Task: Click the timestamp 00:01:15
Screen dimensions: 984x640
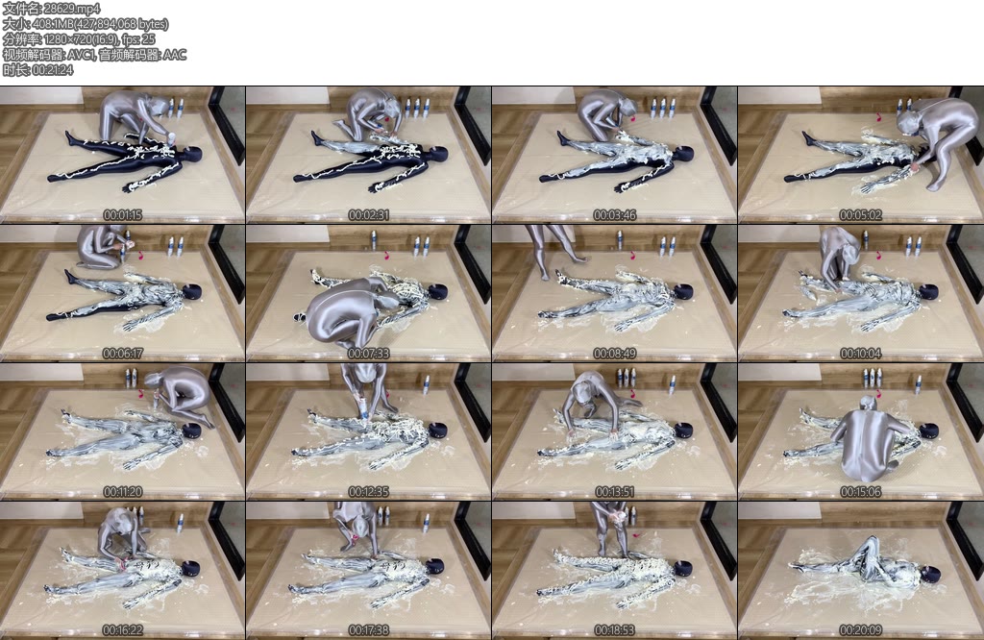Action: [122, 215]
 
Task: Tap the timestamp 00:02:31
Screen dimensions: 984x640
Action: [368, 215]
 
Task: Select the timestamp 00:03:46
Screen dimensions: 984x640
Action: [614, 215]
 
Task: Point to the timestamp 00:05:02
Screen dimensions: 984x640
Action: [860, 215]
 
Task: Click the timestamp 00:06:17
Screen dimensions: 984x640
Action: [122, 354]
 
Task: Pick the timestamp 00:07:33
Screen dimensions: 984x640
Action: [368, 354]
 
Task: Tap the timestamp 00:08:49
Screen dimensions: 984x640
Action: [614, 354]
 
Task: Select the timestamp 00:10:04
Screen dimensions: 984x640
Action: [860, 354]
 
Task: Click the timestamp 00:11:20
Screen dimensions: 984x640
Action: [122, 492]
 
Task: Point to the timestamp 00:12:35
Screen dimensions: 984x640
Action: [368, 492]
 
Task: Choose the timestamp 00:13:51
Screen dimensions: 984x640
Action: [614, 492]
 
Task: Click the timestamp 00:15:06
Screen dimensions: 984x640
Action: [860, 492]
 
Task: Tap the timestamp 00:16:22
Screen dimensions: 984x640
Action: [122, 630]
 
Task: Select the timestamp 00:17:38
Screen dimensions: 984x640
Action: [368, 630]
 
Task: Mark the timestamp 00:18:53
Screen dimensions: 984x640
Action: [614, 630]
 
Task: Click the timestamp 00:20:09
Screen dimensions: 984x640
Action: [860, 630]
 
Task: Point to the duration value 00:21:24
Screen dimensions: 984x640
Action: [52, 69]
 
